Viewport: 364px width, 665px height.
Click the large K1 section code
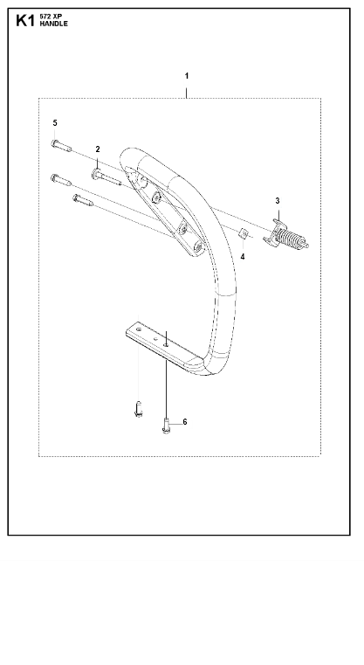pos(25,20)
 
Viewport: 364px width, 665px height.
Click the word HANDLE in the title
pos(54,24)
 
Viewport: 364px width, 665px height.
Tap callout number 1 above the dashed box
pos(187,76)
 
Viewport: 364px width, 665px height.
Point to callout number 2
pos(98,149)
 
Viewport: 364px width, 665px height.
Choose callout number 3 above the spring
pos(278,201)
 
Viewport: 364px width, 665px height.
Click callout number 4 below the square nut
pos(243,257)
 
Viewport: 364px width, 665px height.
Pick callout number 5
pos(55,123)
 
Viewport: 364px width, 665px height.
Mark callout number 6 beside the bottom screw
pos(185,422)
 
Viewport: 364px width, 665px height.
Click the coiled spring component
pos(286,236)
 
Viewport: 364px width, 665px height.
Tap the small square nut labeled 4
pos(244,233)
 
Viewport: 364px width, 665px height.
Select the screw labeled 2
pos(106,177)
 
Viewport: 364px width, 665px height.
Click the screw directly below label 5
pos(61,145)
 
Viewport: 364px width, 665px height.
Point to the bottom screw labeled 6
pos(166,426)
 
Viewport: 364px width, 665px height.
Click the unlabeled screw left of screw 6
pos(138,409)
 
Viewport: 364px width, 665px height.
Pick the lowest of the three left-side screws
pos(83,200)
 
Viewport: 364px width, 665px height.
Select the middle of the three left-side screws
pos(61,180)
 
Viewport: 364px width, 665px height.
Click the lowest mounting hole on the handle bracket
pos(197,246)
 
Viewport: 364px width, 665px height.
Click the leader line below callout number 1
pos(187,93)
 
